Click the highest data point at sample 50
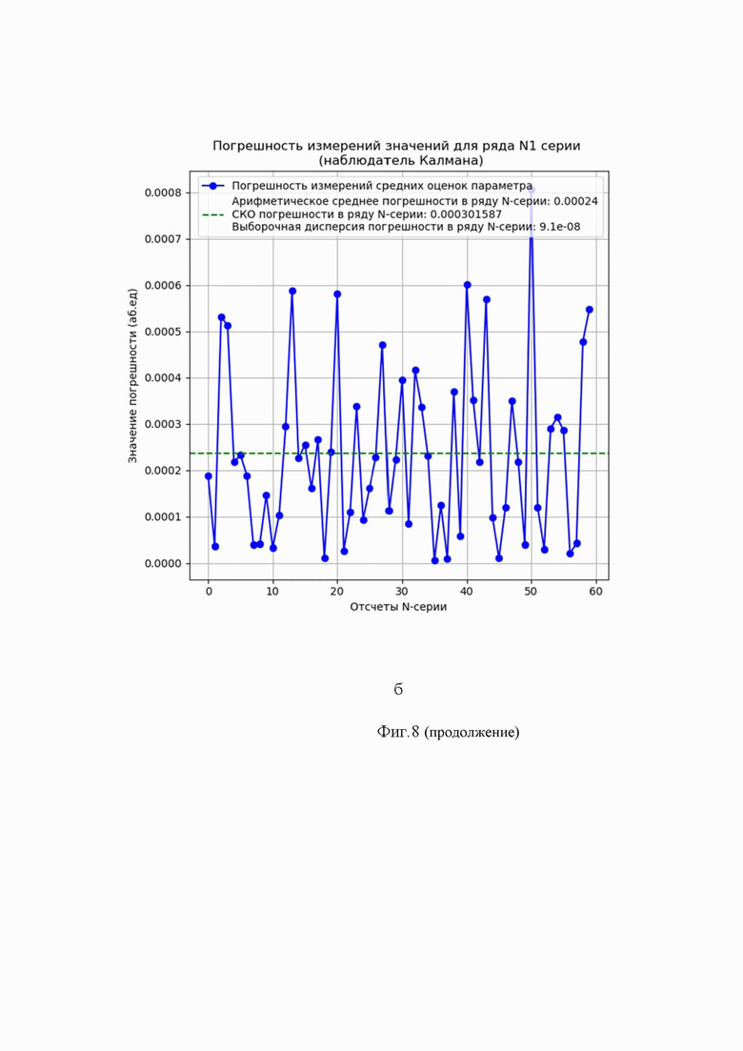click(532, 190)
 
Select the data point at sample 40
click(467, 285)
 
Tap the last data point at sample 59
click(590, 310)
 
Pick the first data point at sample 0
click(209, 475)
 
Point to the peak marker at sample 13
click(292, 291)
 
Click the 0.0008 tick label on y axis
click(164, 193)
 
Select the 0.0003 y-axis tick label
click(164, 424)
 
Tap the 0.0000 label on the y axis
click(164, 564)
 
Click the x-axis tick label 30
click(402, 591)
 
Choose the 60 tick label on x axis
click(595, 591)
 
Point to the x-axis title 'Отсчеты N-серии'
click(398, 607)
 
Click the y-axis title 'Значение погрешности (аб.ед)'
click(132, 375)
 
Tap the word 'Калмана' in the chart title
click(451, 161)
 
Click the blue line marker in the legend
click(212, 186)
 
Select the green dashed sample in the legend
click(212, 214)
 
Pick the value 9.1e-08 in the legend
click(560, 227)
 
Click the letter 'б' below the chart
click(398, 689)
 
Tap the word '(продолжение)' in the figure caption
click(472, 732)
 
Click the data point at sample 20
click(337, 294)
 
